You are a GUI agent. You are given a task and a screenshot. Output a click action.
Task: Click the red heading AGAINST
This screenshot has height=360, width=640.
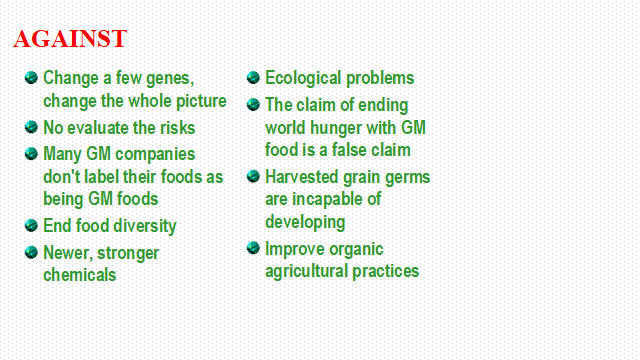(70, 39)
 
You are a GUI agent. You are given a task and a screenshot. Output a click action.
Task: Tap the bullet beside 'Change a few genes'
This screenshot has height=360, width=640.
(31, 77)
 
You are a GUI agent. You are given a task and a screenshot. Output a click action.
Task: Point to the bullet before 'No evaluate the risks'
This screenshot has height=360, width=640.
(31, 127)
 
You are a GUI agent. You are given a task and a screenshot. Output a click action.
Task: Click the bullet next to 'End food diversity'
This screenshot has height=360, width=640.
(31, 225)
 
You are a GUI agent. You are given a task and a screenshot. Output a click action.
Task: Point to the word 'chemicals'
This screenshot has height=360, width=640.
(80, 275)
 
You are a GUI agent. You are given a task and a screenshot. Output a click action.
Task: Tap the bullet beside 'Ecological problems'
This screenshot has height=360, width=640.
(253, 77)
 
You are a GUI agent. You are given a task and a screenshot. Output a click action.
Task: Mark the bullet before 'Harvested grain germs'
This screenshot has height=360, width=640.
(253, 176)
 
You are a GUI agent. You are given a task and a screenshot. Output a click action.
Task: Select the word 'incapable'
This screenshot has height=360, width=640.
(325, 200)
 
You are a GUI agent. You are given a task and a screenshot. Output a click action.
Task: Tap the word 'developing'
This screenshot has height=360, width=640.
(305, 222)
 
